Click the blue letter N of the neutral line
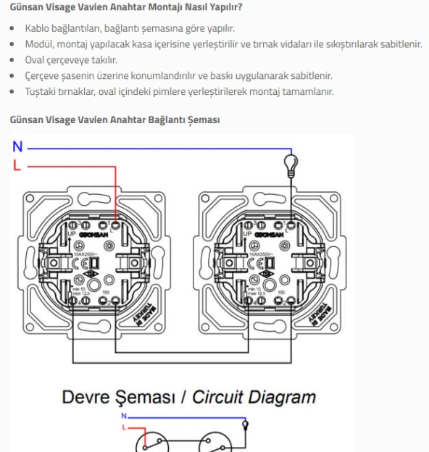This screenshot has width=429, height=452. (17, 147)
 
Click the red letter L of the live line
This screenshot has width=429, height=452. (16, 165)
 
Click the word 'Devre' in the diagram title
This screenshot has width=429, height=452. (88, 396)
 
